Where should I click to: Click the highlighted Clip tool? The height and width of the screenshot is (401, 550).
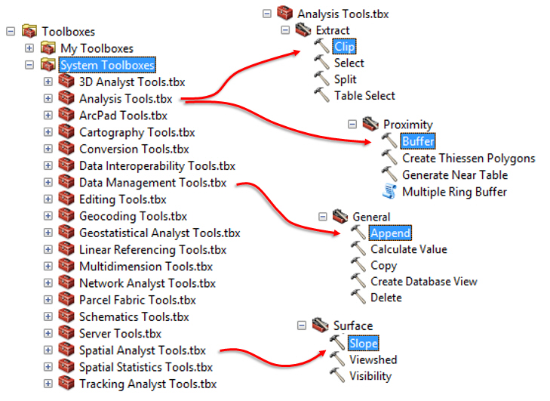click(344, 47)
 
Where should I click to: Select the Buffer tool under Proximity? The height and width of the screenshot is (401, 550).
click(418, 141)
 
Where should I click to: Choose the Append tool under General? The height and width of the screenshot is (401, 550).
click(390, 233)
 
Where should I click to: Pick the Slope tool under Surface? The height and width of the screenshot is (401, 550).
click(363, 343)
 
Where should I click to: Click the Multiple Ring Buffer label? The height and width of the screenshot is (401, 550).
click(454, 191)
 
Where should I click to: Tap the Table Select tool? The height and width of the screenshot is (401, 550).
click(364, 96)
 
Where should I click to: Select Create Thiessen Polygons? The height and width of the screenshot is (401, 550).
click(469, 158)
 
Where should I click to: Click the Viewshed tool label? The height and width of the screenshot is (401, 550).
click(373, 359)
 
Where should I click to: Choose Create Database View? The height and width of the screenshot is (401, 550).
click(423, 281)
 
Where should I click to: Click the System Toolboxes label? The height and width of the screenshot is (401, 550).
click(107, 65)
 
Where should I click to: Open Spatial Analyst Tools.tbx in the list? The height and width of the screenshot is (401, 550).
click(142, 350)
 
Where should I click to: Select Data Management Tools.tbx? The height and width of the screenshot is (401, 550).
click(152, 183)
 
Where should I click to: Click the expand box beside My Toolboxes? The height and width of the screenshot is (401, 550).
click(29, 48)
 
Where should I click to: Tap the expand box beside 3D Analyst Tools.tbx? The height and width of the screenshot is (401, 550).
click(48, 82)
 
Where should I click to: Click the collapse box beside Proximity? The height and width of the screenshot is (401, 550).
click(352, 125)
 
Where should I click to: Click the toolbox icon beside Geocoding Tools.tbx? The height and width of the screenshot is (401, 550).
click(66, 216)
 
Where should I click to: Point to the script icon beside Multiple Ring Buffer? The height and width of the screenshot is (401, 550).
click(389, 191)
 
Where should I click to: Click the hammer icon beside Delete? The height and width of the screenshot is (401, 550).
click(358, 298)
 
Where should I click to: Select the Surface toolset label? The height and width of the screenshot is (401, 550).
click(353, 326)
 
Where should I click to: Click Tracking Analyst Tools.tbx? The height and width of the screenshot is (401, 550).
click(147, 384)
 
